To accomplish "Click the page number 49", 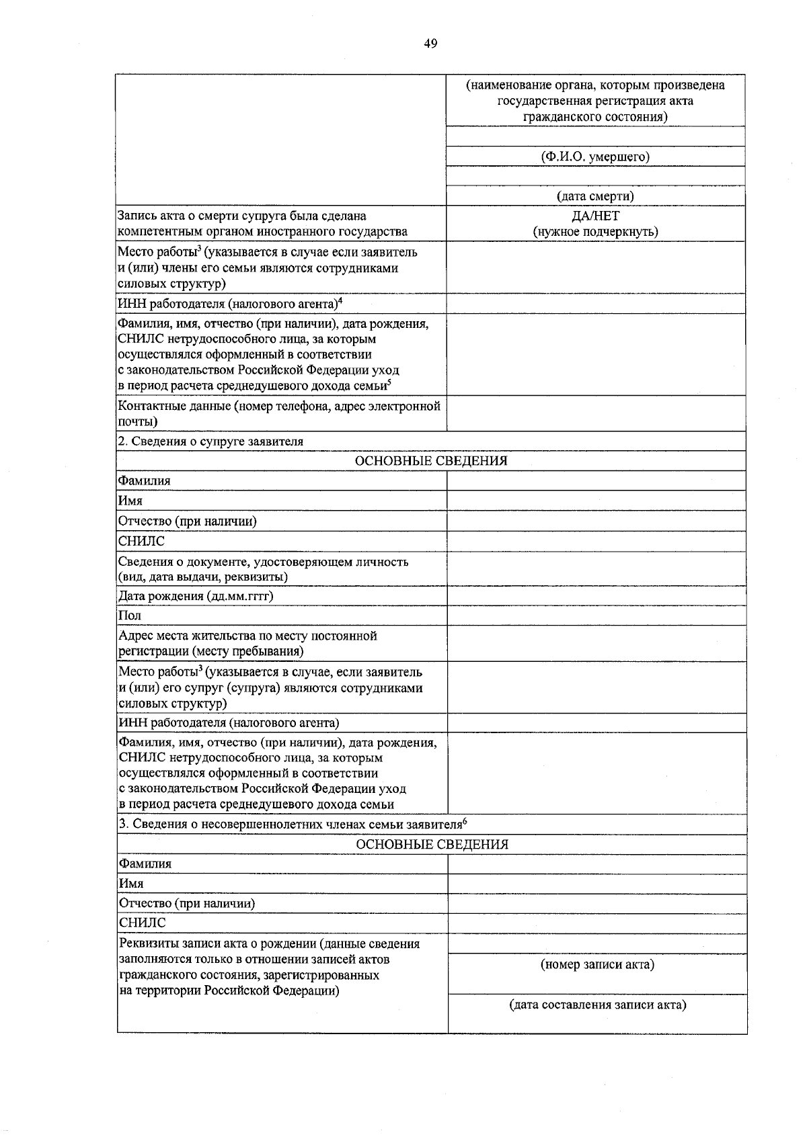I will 430,44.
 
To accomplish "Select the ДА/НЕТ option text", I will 596,216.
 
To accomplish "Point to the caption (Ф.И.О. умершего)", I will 596,157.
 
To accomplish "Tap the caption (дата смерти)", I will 596,196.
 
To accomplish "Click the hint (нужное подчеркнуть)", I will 596,232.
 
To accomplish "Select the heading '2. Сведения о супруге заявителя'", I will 210,441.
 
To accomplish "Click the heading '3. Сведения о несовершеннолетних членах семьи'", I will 290,825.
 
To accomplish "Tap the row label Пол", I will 130,616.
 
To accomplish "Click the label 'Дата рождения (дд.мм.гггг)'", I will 196,596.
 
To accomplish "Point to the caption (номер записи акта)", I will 597,965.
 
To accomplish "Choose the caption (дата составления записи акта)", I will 597,1005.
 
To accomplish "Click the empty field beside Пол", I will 597,616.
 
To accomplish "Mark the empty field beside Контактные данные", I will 596,413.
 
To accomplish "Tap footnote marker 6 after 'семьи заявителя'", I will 465,821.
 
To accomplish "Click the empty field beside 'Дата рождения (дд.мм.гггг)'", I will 597,596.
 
